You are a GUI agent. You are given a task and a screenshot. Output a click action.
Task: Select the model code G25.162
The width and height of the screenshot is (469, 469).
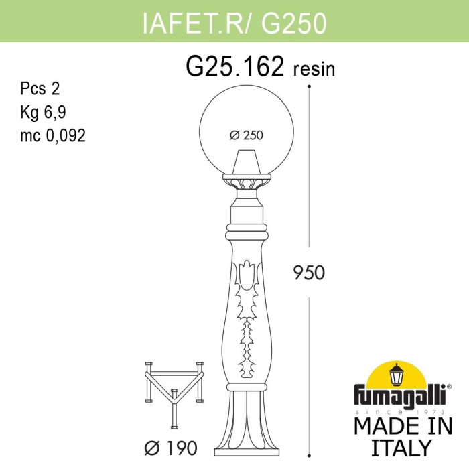click(236, 67)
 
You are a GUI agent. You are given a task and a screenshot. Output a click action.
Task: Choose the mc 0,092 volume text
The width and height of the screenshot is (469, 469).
click(53, 135)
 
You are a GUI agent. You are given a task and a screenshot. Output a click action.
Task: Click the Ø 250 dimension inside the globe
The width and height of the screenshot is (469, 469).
click(246, 135)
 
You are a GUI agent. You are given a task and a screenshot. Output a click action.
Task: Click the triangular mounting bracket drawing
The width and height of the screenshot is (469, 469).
click(174, 392)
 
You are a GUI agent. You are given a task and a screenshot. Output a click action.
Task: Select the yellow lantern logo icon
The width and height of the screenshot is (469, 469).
click(398, 374)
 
